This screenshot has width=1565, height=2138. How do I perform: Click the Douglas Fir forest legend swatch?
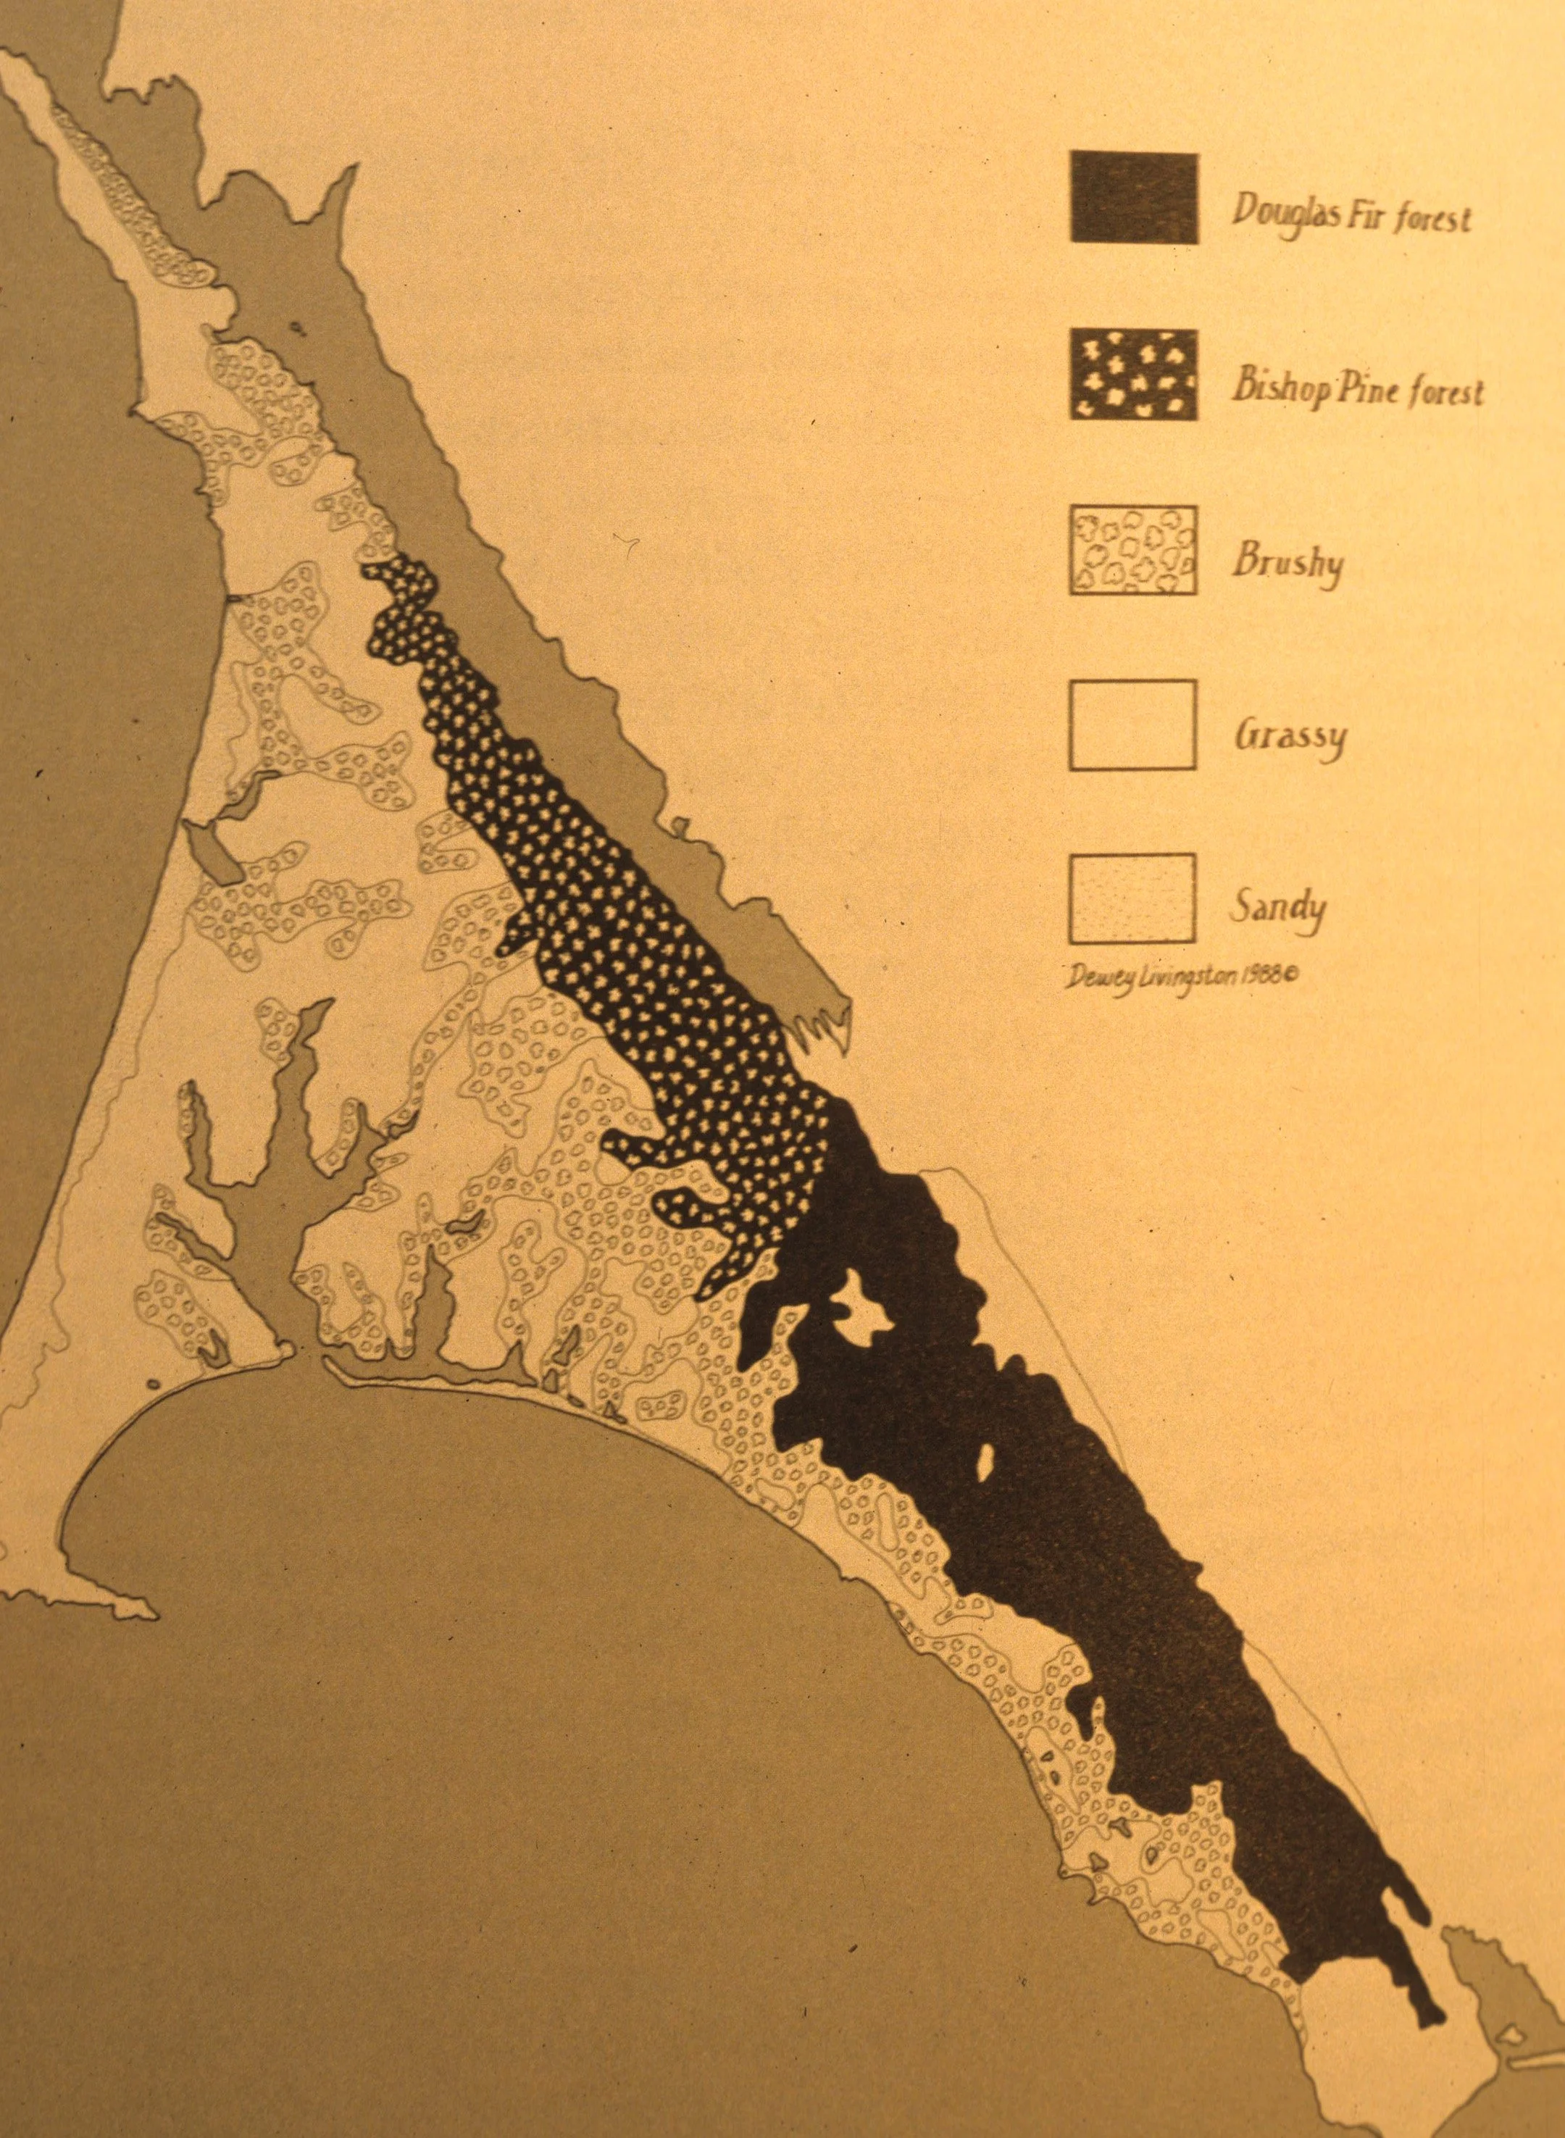coord(1134,197)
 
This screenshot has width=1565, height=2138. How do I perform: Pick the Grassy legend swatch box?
coord(1133,724)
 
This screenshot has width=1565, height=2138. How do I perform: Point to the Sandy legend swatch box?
coord(1133,897)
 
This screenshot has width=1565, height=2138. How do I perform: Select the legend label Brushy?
coord(1288,563)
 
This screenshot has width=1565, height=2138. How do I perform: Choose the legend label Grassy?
coord(1290,737)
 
